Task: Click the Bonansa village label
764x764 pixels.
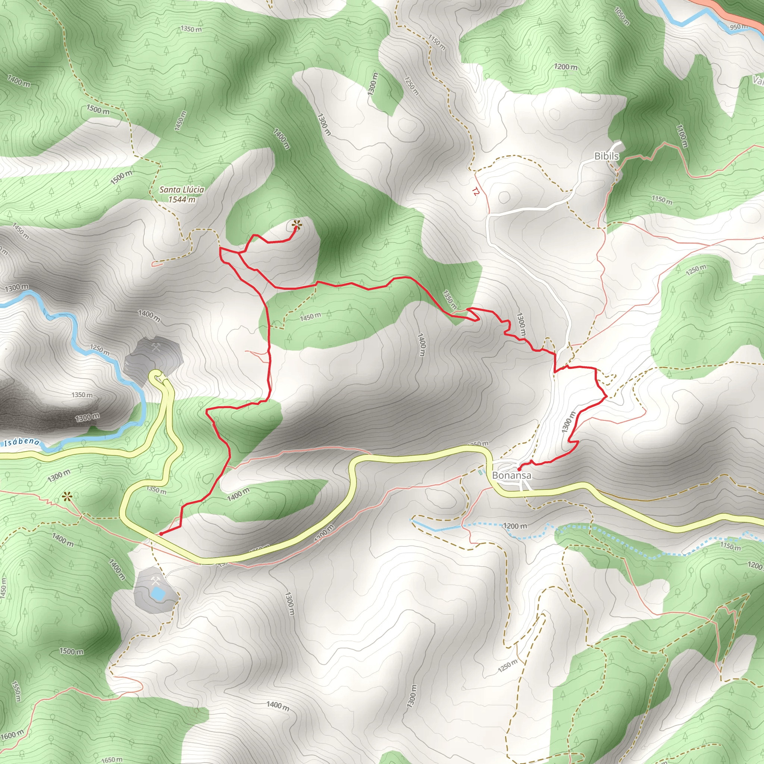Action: click(511, 475)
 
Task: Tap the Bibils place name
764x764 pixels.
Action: click(606, 156)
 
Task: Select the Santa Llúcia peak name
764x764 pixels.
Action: click(182, 190)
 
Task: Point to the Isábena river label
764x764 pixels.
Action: click(22, 442)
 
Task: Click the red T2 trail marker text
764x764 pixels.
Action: click(475, 192)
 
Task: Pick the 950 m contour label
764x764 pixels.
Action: click(738, 27)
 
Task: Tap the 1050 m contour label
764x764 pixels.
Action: click(621, 16)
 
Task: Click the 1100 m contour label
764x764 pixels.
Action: click(682, 136)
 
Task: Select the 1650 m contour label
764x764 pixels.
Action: click(112, 759)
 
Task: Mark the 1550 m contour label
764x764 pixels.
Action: click(16, 691)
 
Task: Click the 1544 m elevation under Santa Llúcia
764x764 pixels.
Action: click(182, 199)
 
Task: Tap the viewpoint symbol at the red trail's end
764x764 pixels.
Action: click(296, 226)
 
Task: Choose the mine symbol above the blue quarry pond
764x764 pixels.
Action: click(156, 581)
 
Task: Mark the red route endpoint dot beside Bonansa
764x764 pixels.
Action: click(519, 469)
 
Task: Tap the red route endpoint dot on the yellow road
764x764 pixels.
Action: click(161, 534)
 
